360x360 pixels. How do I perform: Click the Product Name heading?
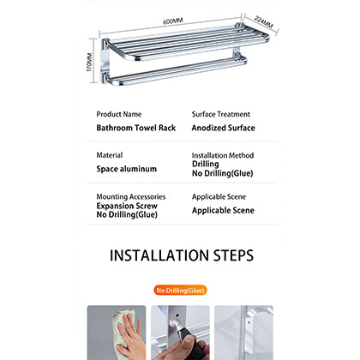coord(119,114)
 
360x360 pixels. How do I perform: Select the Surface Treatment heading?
coord(221,114)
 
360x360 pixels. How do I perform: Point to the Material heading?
coord(110,155)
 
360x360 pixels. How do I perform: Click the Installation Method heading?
coord(223,156)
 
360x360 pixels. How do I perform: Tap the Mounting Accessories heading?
coord(131,197)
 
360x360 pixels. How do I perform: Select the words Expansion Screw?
coord(128,207)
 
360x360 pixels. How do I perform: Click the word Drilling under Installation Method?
coord(206,165)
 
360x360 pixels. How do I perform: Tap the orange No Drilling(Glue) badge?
coord(180,291)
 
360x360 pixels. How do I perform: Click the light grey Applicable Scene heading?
coord(219,197)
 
